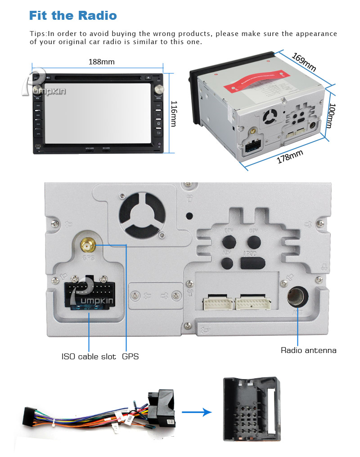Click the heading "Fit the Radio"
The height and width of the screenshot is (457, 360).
tap(73, 16)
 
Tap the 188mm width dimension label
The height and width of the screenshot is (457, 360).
tap(101, 62)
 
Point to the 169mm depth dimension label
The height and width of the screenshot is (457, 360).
tap(304, 63)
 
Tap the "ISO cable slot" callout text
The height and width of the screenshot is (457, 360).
tap(90, 357)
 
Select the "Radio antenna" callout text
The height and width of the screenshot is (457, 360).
tap(308, 350)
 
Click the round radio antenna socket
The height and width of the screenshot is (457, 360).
tap(297, 298)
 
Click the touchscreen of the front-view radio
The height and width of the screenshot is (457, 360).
tap(97, 113)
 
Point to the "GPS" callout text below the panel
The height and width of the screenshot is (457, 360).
tap(130, 357)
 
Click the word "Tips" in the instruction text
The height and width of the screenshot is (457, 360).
tap(38, 34)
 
